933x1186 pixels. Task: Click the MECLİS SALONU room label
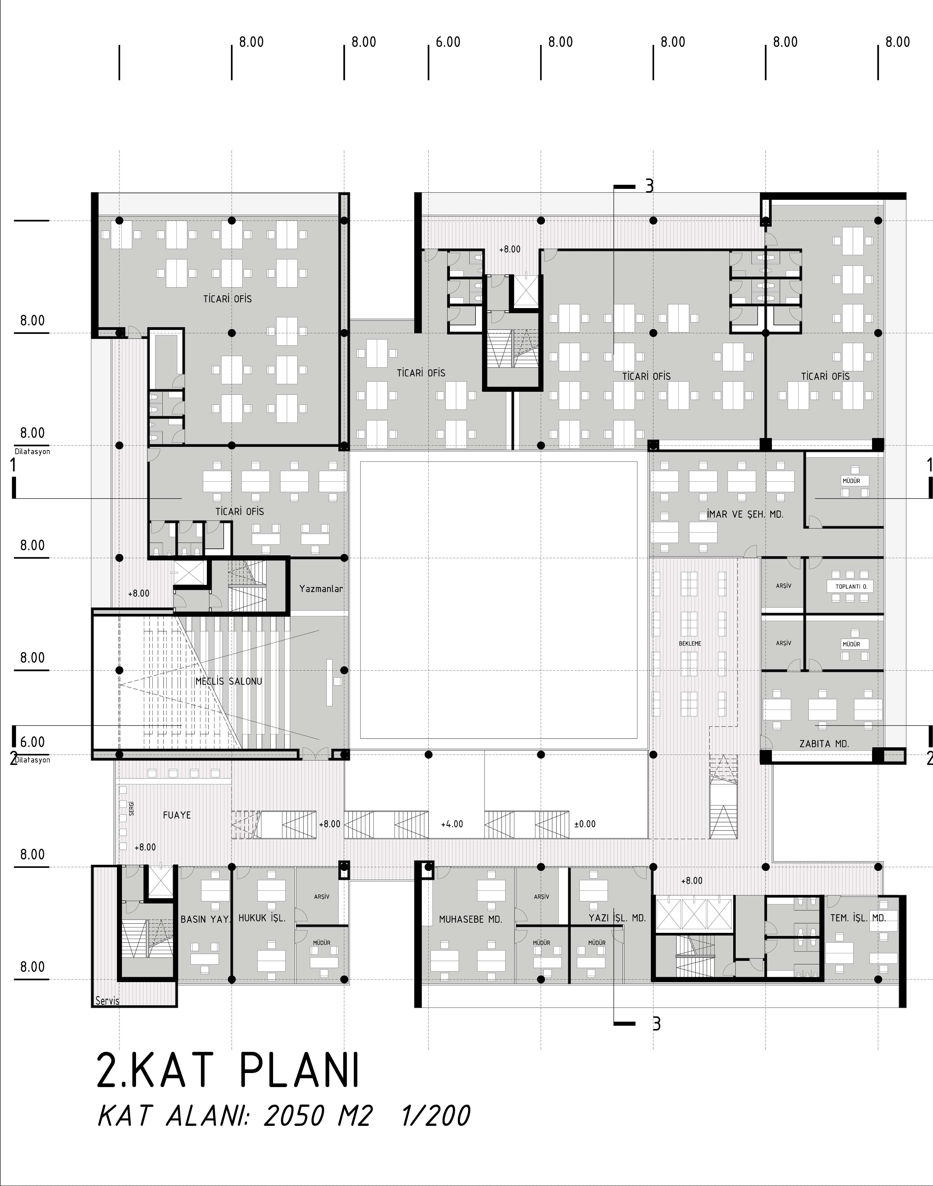[229, 681]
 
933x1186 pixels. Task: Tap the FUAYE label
[177, 815]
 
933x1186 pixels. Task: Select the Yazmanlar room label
[321, 589]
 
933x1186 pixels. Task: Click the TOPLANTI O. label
[850, 587]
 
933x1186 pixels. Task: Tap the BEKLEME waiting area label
[690, 644]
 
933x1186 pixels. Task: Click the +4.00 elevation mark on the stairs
[452, 824]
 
